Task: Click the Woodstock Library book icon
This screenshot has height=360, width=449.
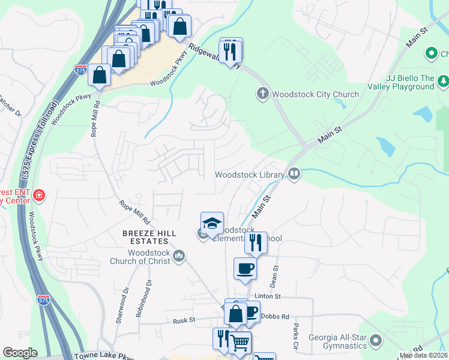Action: [294, 174]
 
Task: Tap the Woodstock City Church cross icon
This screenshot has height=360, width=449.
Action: [262, 94]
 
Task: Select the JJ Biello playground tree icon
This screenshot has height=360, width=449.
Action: [443, 80]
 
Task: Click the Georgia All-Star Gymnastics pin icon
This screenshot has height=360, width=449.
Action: [376, 341]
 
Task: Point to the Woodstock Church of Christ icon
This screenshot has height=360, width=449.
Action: [178, 257]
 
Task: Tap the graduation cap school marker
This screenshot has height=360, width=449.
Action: [211, 223]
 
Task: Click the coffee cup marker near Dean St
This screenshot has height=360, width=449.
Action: [245, 268]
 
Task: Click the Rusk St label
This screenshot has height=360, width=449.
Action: [184, 320]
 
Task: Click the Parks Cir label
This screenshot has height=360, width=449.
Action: [296, 337]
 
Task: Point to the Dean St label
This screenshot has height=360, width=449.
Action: [276, 275]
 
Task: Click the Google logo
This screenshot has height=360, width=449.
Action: [19, 352]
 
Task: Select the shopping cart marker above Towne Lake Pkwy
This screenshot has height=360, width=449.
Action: [240, 343]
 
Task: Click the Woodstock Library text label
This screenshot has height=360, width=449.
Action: [250, 175]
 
